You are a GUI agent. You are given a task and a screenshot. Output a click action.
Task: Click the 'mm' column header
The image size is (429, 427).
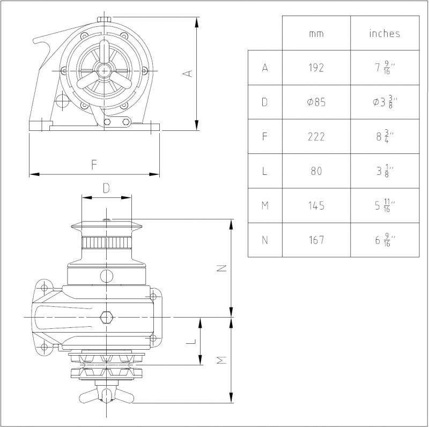(316, 34)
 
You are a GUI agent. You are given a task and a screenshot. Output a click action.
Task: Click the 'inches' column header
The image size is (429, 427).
(384, 33)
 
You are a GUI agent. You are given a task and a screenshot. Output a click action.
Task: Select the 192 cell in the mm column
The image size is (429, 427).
(316, 68)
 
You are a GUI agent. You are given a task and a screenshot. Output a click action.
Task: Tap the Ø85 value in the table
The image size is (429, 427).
(316, 102)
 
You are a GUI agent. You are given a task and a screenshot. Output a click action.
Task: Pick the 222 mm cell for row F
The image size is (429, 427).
(316, 137)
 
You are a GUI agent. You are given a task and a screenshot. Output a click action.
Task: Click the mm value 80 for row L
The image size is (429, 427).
(316, 171)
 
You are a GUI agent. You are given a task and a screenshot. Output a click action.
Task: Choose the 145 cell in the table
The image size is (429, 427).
(316, 205)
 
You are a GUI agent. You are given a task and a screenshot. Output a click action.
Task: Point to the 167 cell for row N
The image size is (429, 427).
(316, 240)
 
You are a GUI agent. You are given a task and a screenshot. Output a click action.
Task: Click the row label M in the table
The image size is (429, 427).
(265, 205)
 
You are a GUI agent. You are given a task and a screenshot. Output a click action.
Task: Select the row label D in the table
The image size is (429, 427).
(264, 102)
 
